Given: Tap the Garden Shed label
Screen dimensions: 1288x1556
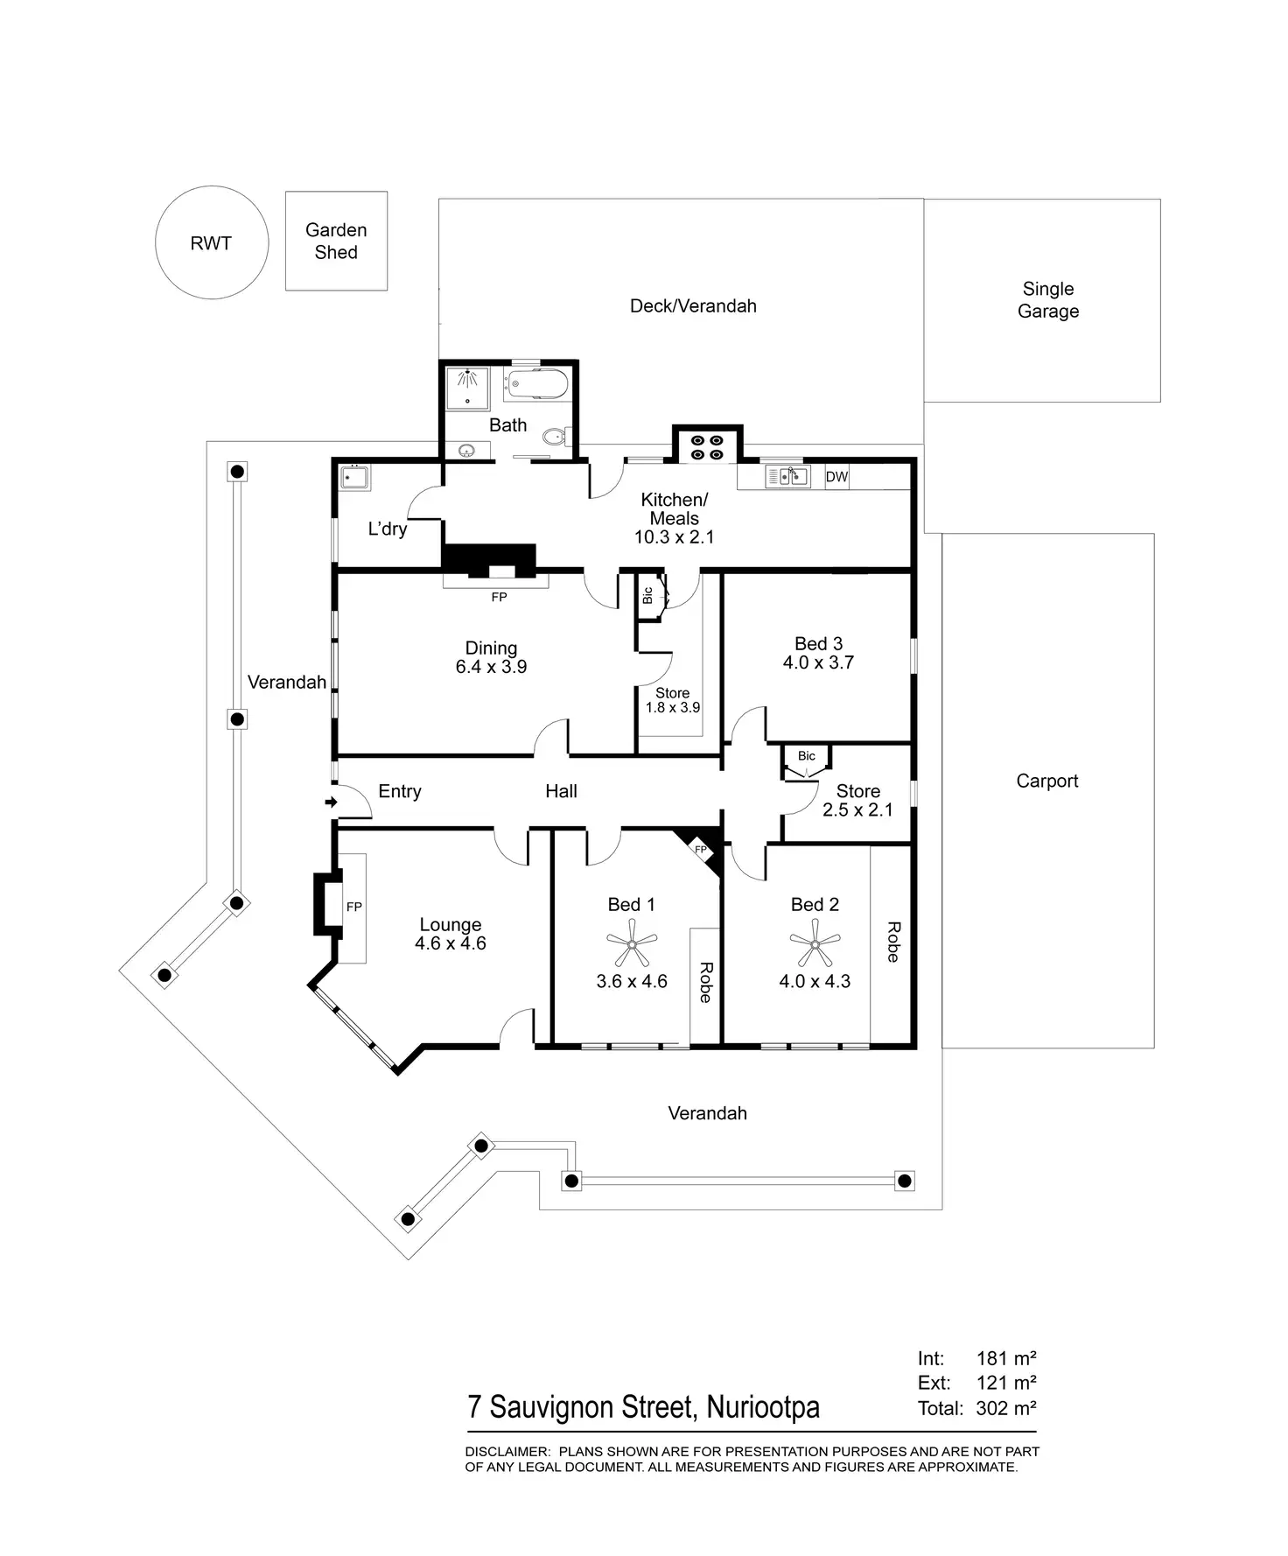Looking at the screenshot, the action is click(x=336, y=241).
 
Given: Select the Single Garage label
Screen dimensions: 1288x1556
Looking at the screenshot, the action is click(x=1048, y=299).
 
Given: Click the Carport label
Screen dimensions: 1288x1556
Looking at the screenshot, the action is click(x=1047, y=781).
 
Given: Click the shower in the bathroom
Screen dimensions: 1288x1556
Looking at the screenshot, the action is click(x=468, y=388).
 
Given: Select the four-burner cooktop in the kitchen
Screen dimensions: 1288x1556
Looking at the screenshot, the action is click(x=707, y=447).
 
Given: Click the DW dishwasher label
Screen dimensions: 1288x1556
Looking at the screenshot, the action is click(x=836, y=477).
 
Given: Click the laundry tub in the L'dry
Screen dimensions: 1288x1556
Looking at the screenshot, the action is click(x=354, y=478).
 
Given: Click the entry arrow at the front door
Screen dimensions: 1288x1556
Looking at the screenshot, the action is click(x=332, y=802).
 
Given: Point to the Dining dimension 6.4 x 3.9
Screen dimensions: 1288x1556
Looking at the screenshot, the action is click(x=491, y=667).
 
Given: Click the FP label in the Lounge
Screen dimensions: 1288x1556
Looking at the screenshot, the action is click(x=354, y=907).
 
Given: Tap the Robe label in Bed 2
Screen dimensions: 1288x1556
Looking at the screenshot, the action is click(x=892, y=942).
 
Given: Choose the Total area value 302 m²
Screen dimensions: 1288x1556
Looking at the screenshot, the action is click(x=1006, y=1408).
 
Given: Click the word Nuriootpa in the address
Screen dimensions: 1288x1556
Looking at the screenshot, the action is click(x=763, y=1406).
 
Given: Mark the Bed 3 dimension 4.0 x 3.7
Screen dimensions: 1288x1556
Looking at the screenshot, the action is click(x=818, y=662).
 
